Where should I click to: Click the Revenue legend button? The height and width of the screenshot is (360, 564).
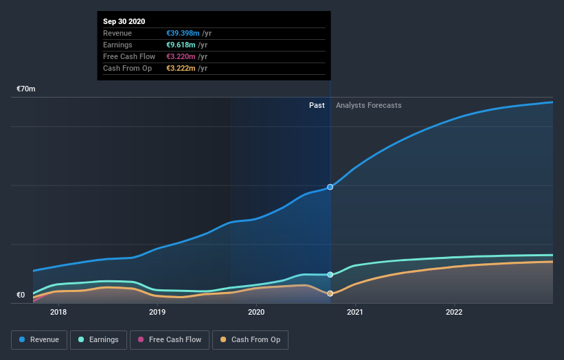[x=40, y=339]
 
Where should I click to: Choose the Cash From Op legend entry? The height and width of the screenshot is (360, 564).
[x=250, y=339]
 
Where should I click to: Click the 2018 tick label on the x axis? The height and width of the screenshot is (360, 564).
[x=58, y=312]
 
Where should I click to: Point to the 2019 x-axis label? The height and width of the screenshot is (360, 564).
[x=157, y=312]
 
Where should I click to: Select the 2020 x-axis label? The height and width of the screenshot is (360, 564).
[x=256, y=312]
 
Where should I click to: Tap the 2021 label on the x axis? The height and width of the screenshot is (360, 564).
[x=355, y=312]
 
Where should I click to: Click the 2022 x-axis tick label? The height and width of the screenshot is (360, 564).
[x=454, y=312]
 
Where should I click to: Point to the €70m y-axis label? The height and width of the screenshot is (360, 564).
[x=26, y=89]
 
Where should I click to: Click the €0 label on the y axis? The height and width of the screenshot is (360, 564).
[x=21, y=295]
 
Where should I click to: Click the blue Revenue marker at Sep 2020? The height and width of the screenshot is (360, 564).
[x=330, y=187]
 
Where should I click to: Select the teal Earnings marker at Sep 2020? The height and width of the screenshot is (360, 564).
[x=330, y=275]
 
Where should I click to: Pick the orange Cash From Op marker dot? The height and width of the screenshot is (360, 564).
[x=330, y=293]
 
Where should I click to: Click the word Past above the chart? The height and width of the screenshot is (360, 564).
[x=317, y=105]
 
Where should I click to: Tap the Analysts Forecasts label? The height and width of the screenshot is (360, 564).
[x=368, y=105]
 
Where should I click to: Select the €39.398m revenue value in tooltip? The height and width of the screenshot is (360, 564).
[x=183, y=34]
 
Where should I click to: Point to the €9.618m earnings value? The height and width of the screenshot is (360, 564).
[x=181, y=45]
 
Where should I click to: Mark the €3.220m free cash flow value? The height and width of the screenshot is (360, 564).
[x=181, y=57]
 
